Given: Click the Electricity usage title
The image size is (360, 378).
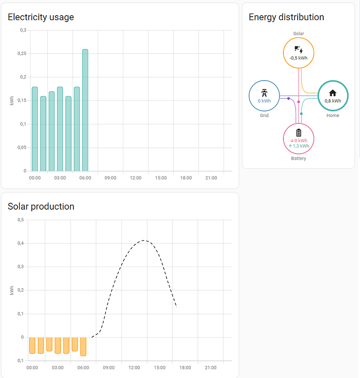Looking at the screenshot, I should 41,17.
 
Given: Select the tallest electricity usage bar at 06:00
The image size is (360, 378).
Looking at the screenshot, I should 85,111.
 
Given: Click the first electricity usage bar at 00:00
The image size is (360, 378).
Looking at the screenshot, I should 35,130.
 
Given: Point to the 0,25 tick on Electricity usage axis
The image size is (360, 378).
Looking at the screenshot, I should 23,53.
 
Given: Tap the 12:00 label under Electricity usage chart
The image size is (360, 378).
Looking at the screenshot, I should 135,178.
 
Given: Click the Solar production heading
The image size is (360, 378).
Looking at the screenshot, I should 41,207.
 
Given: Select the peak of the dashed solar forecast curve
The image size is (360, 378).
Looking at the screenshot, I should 144,240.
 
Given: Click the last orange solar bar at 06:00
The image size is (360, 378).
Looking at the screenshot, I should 83,346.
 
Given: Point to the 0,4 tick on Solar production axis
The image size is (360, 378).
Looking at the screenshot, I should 21,243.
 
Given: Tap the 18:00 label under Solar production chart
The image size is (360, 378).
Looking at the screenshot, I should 185,367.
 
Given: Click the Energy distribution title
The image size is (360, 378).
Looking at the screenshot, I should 286,17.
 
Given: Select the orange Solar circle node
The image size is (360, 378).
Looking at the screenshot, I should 299,52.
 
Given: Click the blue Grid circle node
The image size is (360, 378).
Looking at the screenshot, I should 264,96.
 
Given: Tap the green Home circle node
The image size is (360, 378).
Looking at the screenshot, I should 333,96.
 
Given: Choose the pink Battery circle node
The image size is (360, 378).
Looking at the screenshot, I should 299,139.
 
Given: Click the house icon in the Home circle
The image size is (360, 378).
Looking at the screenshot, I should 333,93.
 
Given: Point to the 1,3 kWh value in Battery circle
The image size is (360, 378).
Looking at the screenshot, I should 301,146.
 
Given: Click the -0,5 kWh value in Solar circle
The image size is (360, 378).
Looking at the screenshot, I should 299,58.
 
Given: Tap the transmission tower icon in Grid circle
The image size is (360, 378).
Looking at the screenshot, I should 264,93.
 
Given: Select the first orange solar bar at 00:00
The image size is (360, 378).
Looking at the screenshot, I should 32,345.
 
